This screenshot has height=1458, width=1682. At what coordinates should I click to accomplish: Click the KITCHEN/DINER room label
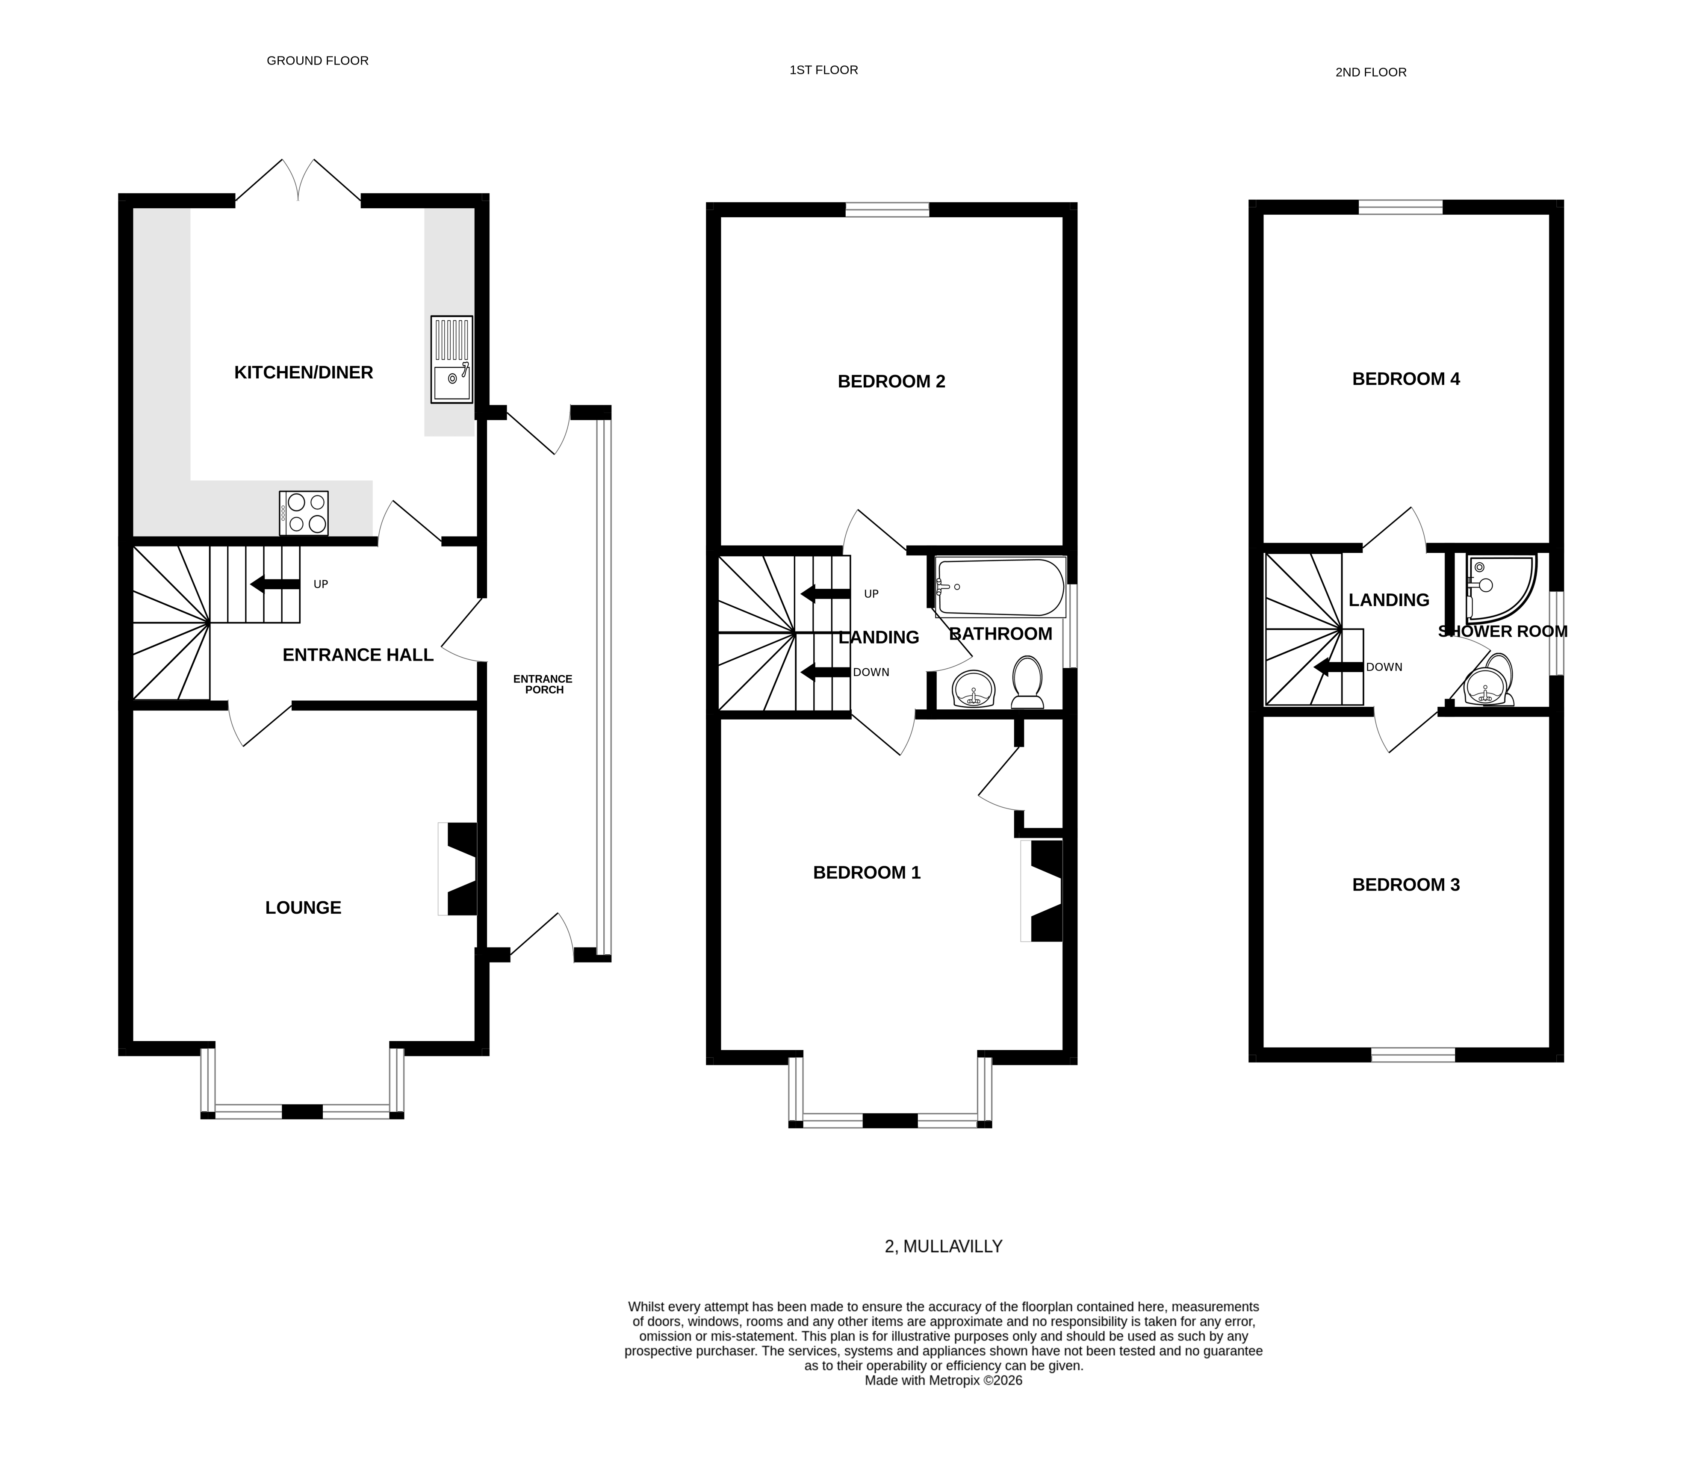pos(304,373)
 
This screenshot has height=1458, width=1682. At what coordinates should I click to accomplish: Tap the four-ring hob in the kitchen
pos(304,514)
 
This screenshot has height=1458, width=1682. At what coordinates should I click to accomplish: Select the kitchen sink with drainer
pos(451,360)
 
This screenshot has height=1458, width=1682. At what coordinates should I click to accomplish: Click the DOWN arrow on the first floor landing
pos(825,672)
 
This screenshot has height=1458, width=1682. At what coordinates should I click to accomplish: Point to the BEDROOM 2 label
pos(891,381)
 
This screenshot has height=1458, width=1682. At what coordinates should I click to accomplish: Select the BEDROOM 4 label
pos(1405,379)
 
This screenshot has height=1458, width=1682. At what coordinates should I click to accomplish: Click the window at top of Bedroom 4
pos(1400,207)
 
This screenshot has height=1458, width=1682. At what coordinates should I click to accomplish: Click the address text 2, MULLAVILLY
pos(943,1246)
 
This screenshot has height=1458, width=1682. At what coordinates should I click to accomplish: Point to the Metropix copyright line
pos(943,1381)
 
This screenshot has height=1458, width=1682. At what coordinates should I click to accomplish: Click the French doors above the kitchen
pos(298,180)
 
